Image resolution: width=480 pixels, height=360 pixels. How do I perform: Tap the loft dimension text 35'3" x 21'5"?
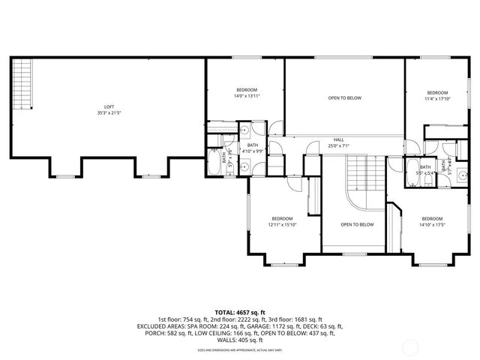pos(109,113)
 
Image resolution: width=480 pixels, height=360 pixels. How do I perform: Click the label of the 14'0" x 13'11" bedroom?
pos(247,89)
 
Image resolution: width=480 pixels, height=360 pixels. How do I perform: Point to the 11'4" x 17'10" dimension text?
pos(436,98)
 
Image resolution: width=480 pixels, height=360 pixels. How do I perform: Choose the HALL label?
pos(339,139)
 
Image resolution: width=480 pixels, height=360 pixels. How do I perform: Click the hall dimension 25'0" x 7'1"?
pos(339,145)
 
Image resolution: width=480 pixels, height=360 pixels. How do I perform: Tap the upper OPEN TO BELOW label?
pos(345,98)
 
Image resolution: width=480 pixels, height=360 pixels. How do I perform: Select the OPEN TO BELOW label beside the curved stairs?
pos(357,224)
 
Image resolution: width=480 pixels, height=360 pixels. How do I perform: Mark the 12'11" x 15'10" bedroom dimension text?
pos(283,224)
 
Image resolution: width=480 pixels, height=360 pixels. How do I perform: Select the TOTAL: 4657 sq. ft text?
pos(240,311)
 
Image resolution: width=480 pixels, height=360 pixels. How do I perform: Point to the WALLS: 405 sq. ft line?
pos(240,340)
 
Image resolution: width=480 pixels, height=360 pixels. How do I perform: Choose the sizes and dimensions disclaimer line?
pos(240,349)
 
